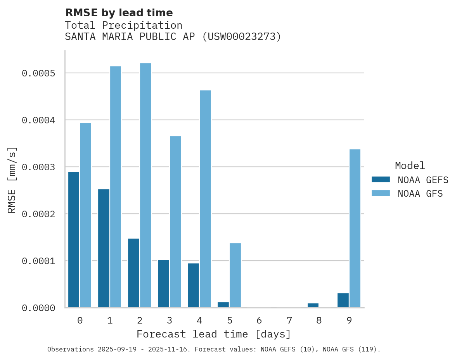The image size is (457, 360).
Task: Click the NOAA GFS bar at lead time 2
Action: [145, 185]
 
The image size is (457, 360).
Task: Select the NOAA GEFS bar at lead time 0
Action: [74, 240]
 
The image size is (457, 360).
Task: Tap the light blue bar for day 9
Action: [355, 228]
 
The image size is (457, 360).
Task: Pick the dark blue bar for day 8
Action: [313, 305]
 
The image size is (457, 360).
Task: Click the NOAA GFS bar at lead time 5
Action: [235, 275]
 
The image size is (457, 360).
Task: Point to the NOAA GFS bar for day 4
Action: [205, 199]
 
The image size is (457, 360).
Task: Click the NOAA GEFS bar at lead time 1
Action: [104, 248]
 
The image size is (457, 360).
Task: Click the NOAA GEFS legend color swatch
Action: [381, 180]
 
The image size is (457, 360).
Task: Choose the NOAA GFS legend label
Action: [420, 194]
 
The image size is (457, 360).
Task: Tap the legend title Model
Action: [410, 166]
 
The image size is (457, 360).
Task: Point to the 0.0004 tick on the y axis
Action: [38, 120]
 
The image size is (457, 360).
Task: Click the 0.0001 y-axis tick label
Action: [38, 261]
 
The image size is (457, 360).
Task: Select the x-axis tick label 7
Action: [289, 320]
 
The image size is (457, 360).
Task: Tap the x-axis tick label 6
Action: [259, 320]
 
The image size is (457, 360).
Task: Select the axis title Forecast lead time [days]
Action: [214, 334]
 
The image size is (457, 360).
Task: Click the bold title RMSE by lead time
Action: [119, 13]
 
